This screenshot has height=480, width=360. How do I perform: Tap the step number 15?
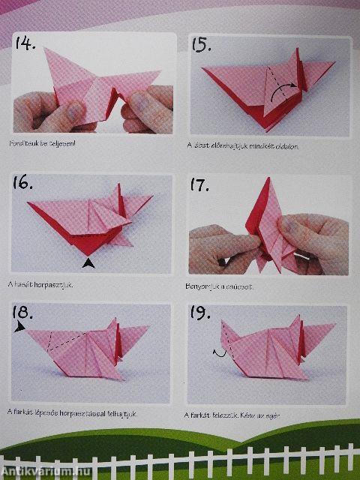click(x=201, y=45)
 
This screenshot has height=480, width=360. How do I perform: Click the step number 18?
click(x=25, y=313)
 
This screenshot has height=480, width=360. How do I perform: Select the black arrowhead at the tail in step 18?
click(x=19, y=328)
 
